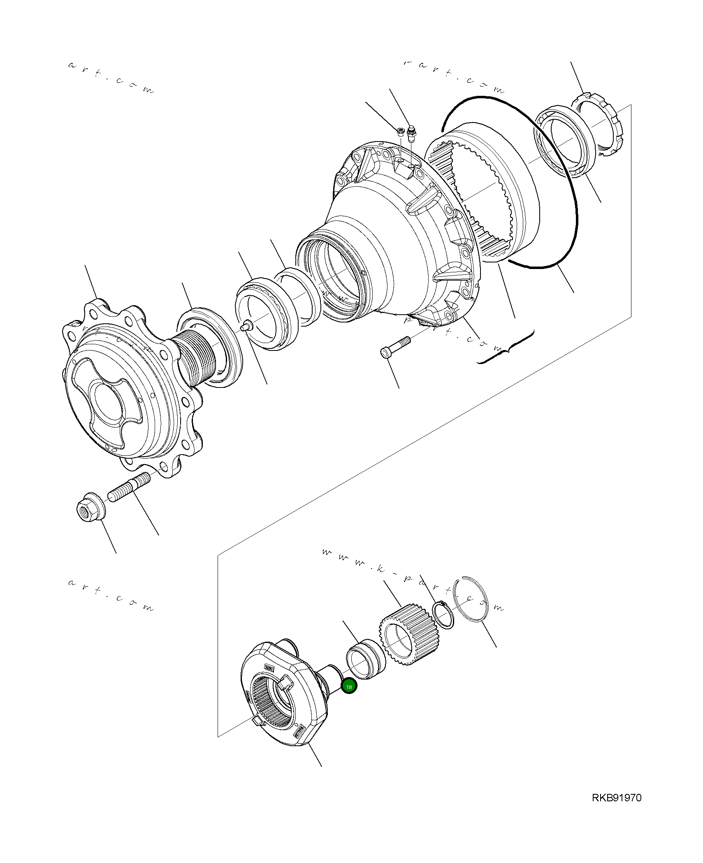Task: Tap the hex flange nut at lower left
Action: tap(90, 510)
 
